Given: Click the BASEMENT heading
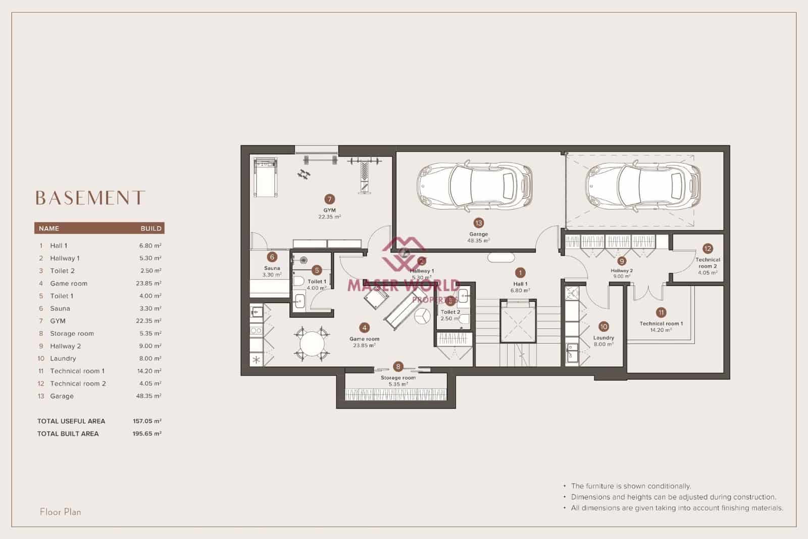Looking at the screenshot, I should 90,198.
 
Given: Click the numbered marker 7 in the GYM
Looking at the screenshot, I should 330,199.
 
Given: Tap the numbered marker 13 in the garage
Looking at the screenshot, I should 478,222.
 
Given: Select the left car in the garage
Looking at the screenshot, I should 475,186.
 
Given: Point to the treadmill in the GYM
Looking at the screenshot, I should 265,177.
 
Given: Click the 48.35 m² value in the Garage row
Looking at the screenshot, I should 148,396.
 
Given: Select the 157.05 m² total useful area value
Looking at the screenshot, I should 147,421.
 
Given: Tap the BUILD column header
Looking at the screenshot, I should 151,229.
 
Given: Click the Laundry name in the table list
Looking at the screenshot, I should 63,358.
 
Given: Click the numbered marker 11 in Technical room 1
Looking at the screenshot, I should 661,312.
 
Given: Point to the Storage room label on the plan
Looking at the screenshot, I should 398,378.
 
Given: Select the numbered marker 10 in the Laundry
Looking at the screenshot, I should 603,327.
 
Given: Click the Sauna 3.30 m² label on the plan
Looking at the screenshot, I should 272,272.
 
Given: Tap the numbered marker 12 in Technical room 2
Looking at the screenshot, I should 707,248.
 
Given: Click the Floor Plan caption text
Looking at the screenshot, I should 61,512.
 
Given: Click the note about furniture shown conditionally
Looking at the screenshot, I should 631,486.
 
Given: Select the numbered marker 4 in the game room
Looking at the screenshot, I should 364,328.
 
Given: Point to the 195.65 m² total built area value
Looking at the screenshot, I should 147,433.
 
